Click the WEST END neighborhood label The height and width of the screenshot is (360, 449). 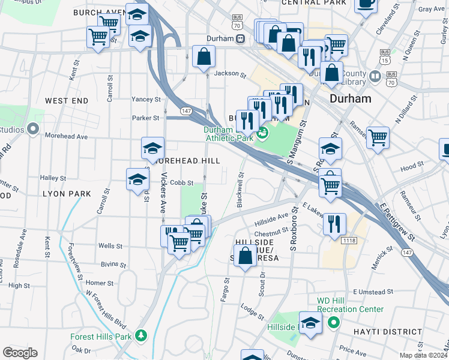tap(66, 101)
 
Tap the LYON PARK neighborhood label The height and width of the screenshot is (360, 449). tap(67, 194)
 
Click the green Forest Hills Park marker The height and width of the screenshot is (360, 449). tap(141, 336)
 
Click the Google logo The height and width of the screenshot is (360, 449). tap(20, 353)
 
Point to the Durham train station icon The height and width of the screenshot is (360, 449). tap(240, 38)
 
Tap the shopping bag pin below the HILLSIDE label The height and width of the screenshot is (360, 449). tap(245, 257)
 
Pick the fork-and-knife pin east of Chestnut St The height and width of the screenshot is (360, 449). tap(334, 224)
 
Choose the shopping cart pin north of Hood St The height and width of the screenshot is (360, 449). tap(378, 137)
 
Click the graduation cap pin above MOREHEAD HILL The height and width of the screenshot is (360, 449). tap(153, 148)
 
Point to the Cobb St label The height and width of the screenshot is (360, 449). tap(181, 183)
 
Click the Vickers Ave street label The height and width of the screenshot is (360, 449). tap(163, 194)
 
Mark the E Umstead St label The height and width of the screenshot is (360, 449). tap(372, 292)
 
